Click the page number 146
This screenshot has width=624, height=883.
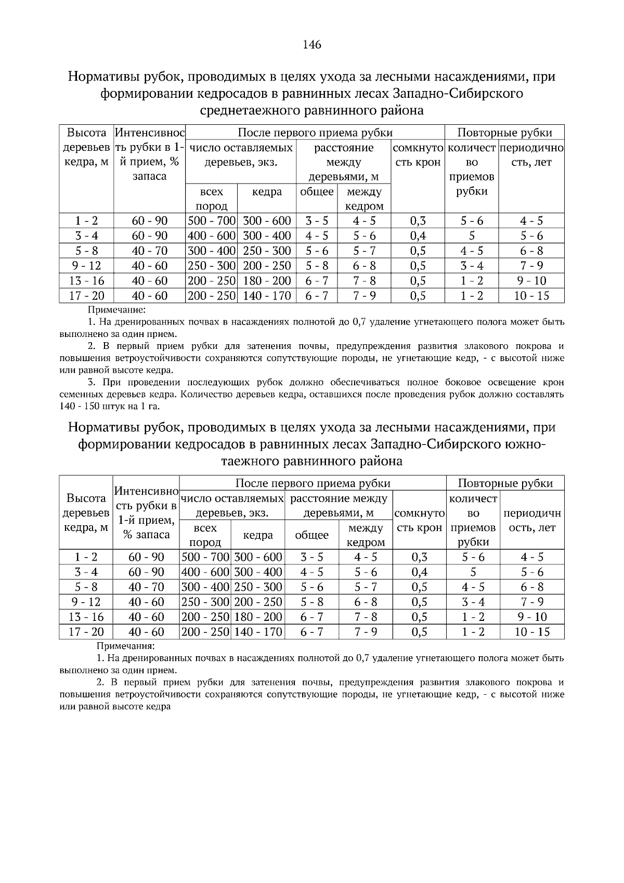[312, 44]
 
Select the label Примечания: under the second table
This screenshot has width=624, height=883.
[125, 646]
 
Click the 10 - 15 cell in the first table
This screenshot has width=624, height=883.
[531, 296]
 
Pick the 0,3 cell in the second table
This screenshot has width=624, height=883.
[419, 557]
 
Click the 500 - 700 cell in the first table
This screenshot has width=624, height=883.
[212, 220]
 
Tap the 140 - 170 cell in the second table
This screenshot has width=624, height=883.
[258, 632]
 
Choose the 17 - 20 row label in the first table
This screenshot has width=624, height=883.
[87, 296]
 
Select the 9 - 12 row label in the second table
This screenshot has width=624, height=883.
[86, 602]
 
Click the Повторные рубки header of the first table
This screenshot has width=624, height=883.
[504, 132]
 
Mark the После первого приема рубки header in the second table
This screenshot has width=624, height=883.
[313, 483]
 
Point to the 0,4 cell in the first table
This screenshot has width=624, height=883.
[418, 236]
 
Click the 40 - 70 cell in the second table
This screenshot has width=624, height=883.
[146, 587]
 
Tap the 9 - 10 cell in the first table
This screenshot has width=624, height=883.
[531, 281]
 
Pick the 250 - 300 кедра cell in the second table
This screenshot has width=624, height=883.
[258, 587]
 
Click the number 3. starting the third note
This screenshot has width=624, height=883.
[93, 382]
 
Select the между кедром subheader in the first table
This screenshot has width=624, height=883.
[364, 199]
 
